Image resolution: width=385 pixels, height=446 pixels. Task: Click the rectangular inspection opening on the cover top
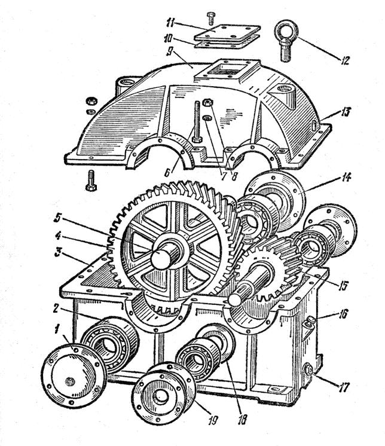[224, 72]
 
